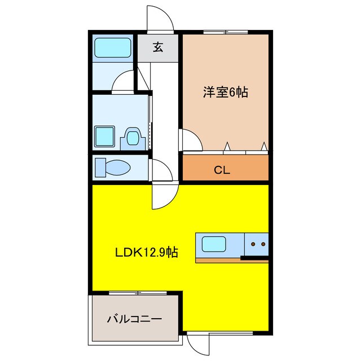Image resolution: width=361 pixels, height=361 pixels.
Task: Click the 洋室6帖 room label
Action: (225, 92)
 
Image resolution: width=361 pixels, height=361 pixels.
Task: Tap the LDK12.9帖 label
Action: (147, 253)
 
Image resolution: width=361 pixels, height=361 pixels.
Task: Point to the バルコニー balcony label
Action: (134, 319)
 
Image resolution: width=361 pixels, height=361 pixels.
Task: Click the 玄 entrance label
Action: (158, 47)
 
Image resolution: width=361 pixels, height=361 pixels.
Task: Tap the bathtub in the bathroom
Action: (112, 48)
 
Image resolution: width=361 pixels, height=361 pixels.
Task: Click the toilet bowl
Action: (115, 168)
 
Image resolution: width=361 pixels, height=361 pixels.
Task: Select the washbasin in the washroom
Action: (133, 137)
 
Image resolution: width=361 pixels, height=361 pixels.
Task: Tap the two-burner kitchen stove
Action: (257, 244)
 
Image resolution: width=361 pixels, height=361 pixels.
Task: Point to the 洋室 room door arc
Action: (191, 140)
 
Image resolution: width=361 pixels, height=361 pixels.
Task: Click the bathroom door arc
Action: (124, 83)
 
